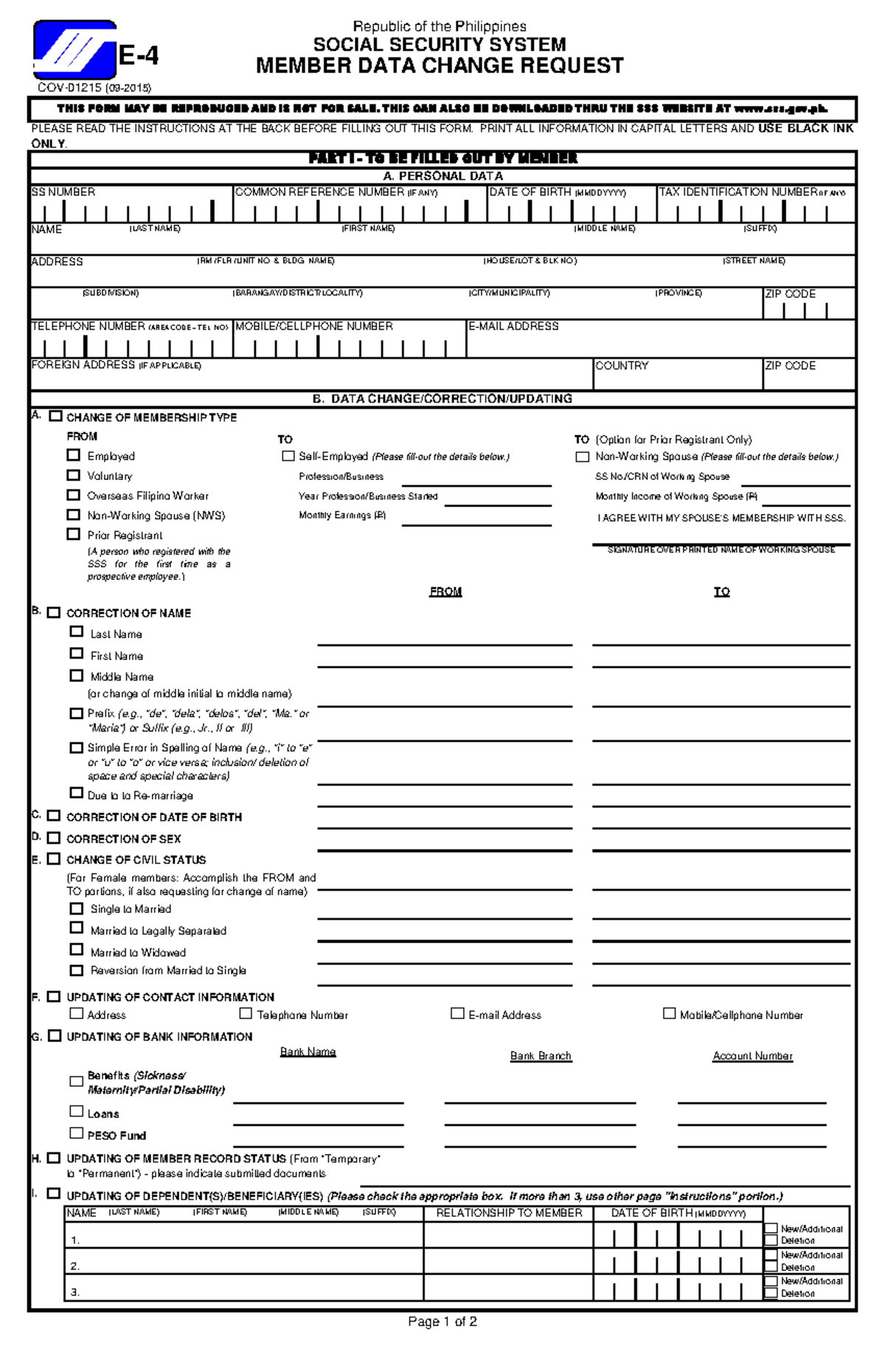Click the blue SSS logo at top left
(x=74, y=50)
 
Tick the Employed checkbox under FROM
(x=73, y=455)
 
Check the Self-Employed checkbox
(x=288, y=456)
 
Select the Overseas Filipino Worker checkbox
(x=73, y=495)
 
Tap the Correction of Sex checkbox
(x=53, y=838)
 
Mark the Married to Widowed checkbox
(x=77, y=950)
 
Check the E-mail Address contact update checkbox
(x=457, y=1013)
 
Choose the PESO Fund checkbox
(x=77, y=1133)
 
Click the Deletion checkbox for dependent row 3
(x=771, y=1293)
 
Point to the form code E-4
(x=139, y=56)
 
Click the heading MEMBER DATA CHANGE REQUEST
(x=440, y=66)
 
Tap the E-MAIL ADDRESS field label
(x=513, y=326)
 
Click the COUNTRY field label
(x=622, y=366)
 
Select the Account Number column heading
(x=752, y=1056)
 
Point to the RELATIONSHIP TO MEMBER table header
(x=509, y=1213)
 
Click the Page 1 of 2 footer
(x=442, y=1322)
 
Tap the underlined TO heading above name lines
(x=721, y=591)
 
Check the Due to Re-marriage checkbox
(x=77, y=793)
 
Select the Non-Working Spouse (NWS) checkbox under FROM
(x=73, y=515)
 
